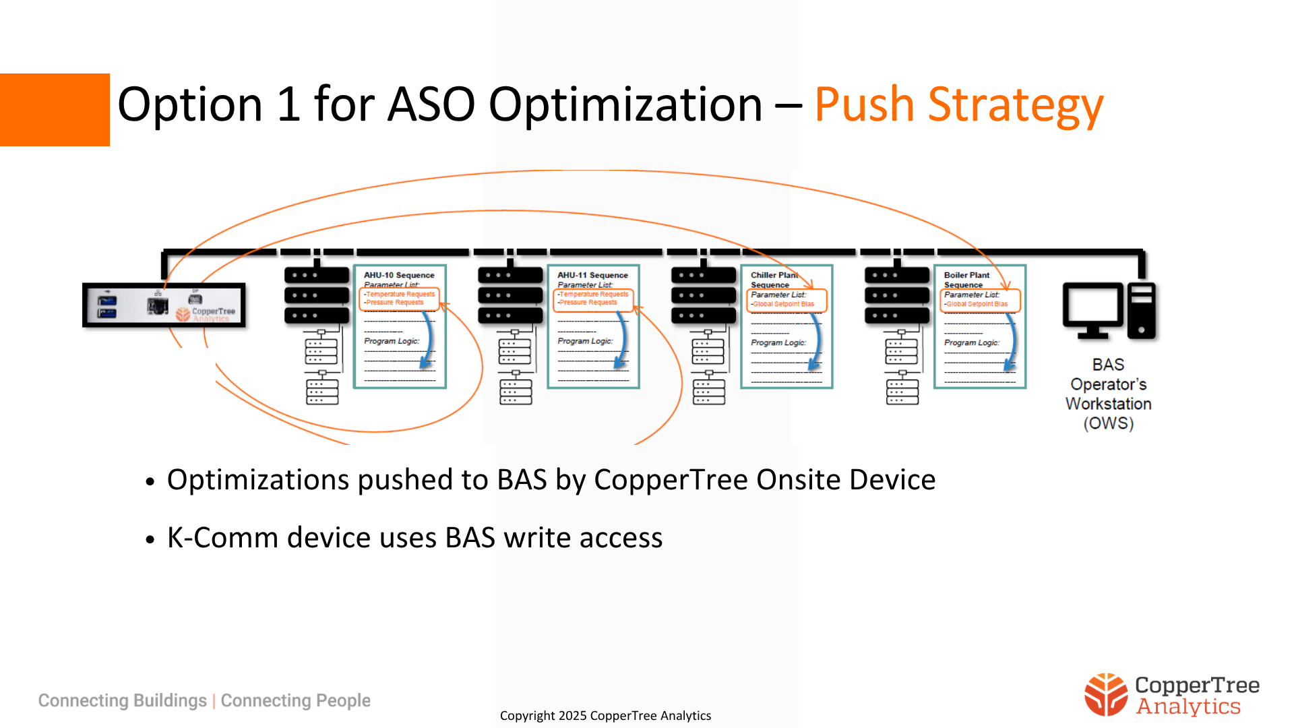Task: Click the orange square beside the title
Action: [x=55, y=110]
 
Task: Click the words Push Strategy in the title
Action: [x=958, y=105]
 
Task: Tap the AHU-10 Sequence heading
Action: [x=399, y=275]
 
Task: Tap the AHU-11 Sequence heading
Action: [x=592, y=275]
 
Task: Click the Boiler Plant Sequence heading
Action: [x=966, y=279]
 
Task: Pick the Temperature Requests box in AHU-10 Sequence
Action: [x=400, y=295]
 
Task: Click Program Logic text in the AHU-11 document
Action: [x=584, y=341]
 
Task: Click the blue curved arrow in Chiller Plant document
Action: [x=817, y=344]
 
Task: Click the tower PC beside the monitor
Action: [x=1142, y=310]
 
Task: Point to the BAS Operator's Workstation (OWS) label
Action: [x=1108, y=394]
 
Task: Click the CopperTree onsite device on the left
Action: [x=164, y=305]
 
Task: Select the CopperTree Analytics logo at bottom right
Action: [x=1171, y=695]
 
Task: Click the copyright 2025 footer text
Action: [x=605, y=715]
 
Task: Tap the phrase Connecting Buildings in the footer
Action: [x=122, y=700]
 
